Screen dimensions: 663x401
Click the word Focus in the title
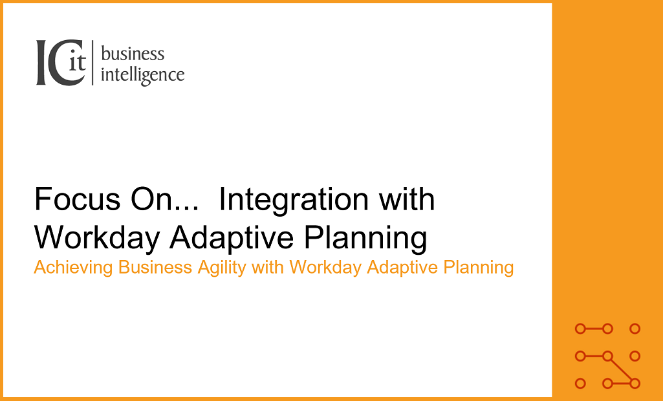point(77,199)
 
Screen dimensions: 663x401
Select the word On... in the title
point(164,199)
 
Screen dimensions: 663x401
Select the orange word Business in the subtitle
point(155,267)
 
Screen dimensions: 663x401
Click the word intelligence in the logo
point(142,76)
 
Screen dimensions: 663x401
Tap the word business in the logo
point(133,54)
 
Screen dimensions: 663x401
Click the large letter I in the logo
point(41,62)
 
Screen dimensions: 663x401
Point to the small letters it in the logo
point(77,62)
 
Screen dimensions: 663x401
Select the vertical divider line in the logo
point(92,63)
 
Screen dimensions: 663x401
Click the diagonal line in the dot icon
point(621,370)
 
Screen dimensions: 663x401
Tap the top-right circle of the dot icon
point(635,329)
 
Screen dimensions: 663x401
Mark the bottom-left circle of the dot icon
point(581,384)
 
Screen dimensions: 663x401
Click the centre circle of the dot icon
point(607,356)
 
